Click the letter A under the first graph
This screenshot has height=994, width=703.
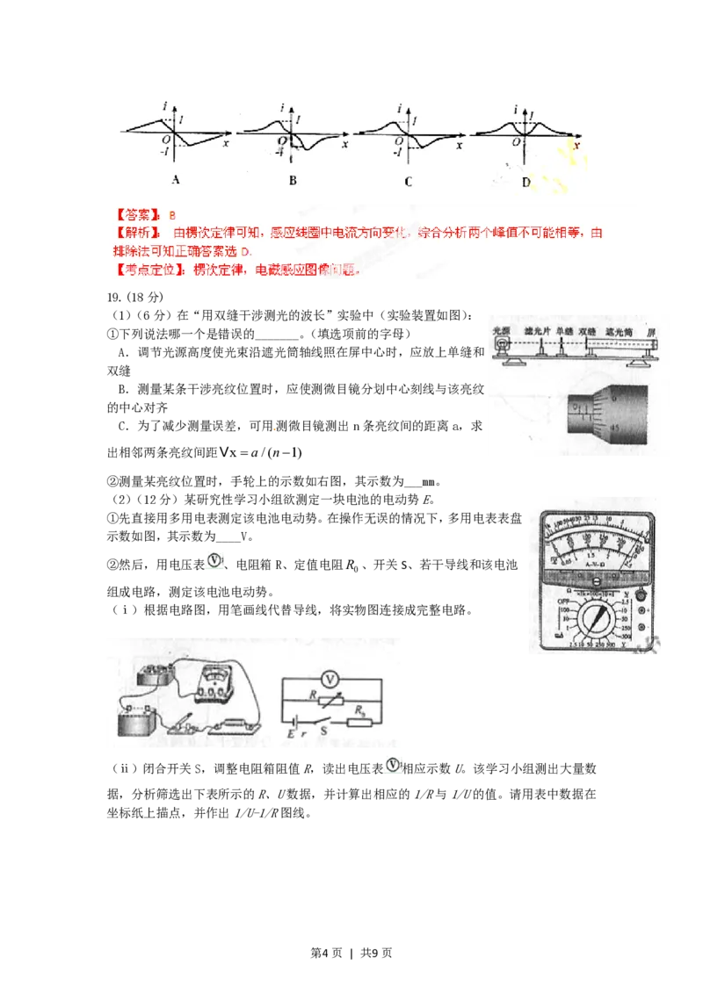pyautogui.click(x=176, y=181)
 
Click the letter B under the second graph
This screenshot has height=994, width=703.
pyautogui.click(x=293, y=181)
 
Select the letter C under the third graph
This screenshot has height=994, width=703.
pyautogui.click(x=409, y=182)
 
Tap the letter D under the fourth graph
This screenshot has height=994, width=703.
pyautogui.click(x=525, y=182)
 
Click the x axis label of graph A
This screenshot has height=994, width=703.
pyautogui.click(x=227, y=141)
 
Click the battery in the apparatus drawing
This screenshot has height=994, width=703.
pyautogui.click(x=137, y=722)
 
